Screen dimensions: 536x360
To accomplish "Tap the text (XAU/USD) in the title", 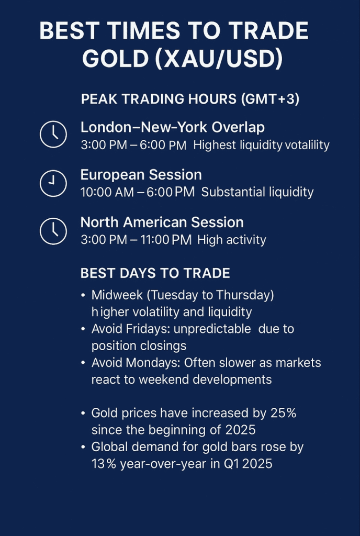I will point(219,59).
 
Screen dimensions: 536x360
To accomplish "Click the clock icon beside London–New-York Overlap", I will point(53,135).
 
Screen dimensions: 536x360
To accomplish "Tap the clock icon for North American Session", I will point(53,231).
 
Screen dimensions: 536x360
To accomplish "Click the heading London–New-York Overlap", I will point(172,127).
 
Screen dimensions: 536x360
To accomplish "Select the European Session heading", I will point(141,175).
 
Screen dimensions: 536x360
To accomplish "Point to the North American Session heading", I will point(162,222).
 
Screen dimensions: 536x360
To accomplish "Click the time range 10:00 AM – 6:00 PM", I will point(137,192).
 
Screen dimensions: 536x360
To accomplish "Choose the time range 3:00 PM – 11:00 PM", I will point(136,240).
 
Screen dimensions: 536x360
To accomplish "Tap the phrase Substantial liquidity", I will point(257,192).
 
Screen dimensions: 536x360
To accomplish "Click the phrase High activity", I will point(232,240).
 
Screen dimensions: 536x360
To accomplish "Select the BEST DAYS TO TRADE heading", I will point(155,273).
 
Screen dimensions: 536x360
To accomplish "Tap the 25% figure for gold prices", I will point(284,413).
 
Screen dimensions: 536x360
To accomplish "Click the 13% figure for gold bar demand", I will point(104,464).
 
